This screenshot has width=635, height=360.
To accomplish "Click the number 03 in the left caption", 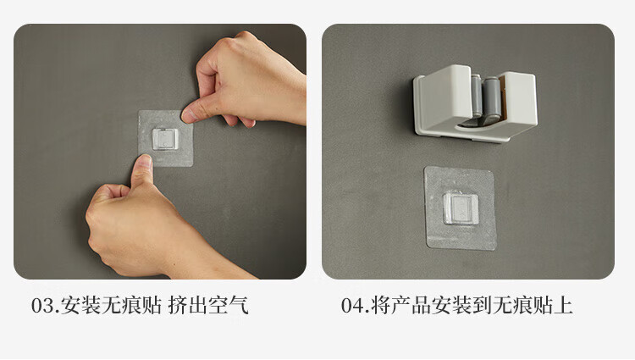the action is (42, 306).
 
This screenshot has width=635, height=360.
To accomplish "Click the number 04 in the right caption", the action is (351, 306).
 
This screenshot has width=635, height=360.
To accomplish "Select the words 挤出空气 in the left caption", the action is (208, 305).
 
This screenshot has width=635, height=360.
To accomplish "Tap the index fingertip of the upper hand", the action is (188, 114).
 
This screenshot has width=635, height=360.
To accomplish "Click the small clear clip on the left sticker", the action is (165, 139).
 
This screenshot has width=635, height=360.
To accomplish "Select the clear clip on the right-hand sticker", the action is (460, 208).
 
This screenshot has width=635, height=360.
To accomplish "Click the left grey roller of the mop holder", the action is (476, 96).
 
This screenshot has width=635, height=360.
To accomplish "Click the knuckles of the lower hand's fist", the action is (97, 227).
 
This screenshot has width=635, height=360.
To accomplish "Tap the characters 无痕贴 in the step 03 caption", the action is (130, 305).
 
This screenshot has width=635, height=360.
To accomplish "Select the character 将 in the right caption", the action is (380, 305).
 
